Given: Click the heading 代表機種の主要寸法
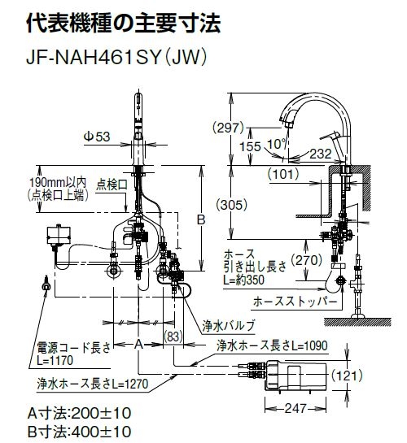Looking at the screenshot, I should click(122, 22).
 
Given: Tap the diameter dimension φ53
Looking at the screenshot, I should click(97, 137).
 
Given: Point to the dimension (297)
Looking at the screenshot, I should click(229, 127).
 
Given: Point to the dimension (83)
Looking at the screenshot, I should click(173, 335).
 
